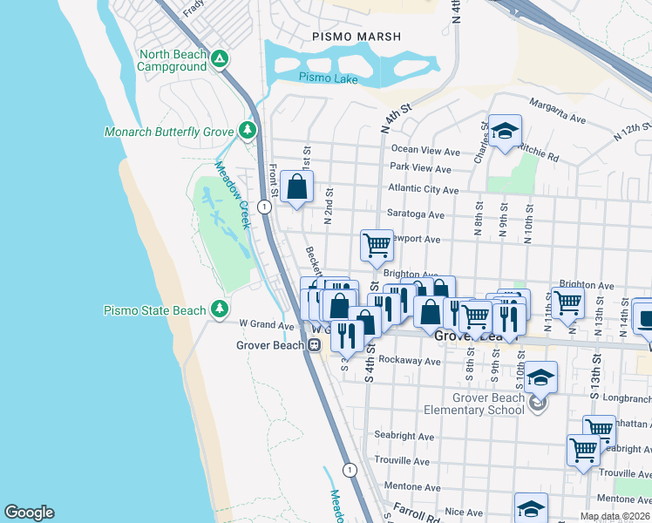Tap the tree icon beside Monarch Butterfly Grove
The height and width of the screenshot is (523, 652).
click(248, 132)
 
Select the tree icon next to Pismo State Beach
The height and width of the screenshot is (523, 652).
click(221, 309)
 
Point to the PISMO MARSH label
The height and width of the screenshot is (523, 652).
click(357, 37)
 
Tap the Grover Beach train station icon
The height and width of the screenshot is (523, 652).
click(311, 344)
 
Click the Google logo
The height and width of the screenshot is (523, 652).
click(29, 513)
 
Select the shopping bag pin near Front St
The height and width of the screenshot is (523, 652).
click(297, 187)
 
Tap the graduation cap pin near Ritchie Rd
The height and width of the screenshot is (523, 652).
click(505, 132)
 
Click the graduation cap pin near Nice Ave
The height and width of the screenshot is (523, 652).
click(531, 508)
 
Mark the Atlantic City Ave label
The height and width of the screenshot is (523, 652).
click(424, 190)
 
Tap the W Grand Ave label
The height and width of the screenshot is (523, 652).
click(267, 325)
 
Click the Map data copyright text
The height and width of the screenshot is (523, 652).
click(615, 516)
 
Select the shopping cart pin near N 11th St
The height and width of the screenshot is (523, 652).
click(567, 303)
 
